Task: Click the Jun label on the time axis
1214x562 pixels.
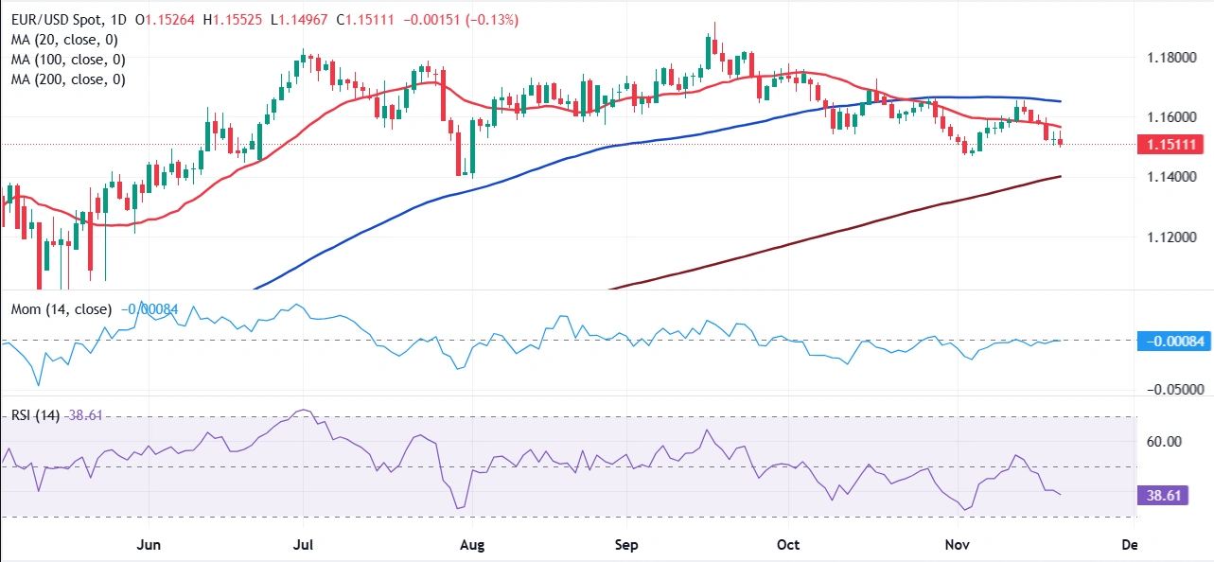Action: pyautogui.click(x=150, y=545)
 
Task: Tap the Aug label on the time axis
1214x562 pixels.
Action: pyautogui.click(x=470, y=545)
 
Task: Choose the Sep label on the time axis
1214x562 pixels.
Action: pyautogui.click(x=626, y=545)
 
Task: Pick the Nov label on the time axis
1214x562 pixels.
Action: pyautogui.click(x=949, y=545)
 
